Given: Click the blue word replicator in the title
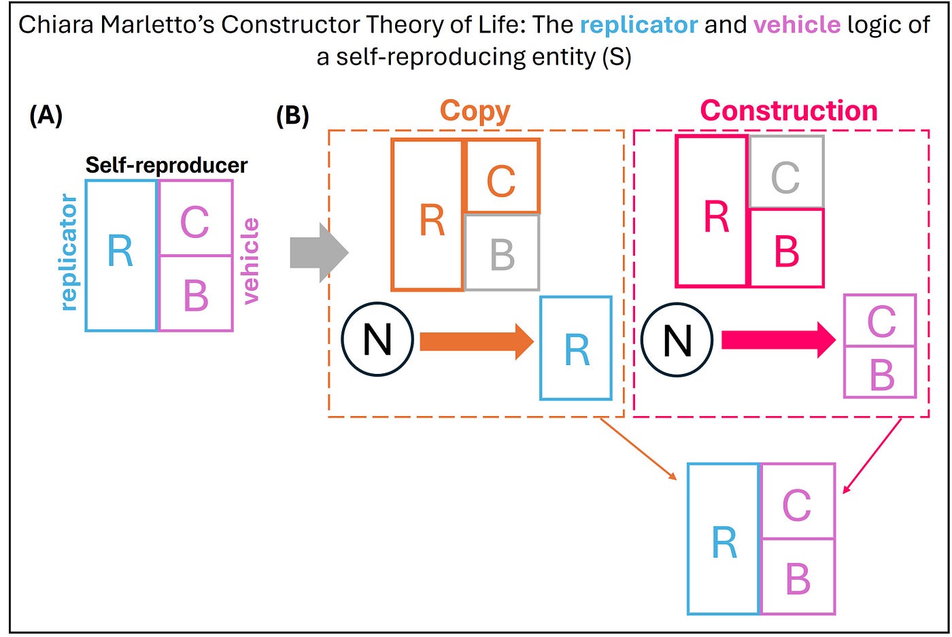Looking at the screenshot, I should click(639, 25).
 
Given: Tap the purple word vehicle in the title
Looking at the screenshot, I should click(797, 25).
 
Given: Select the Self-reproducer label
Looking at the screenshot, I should click(167, 165).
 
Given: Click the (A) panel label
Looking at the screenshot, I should click(46, 116).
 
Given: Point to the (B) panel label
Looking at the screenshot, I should click(292, 116).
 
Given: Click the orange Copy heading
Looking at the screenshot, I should click(475, 111).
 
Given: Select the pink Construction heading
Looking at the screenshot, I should click(789, 111).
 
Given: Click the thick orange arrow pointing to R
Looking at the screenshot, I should click(476, 341).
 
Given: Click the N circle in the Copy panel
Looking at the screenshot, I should click(377, 339).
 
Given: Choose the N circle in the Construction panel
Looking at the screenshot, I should click(677, 339).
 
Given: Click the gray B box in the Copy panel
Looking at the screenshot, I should click(502, 253).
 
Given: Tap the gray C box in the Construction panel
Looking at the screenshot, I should click(786, 172).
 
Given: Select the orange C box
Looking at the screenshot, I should click(502, 177).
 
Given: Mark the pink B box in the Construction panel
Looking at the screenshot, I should click(786, 248).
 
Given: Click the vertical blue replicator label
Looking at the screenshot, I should click(69, 253).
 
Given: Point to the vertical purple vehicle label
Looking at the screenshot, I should click(250, 260).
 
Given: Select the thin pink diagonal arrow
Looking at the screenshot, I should click(872, 455).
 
